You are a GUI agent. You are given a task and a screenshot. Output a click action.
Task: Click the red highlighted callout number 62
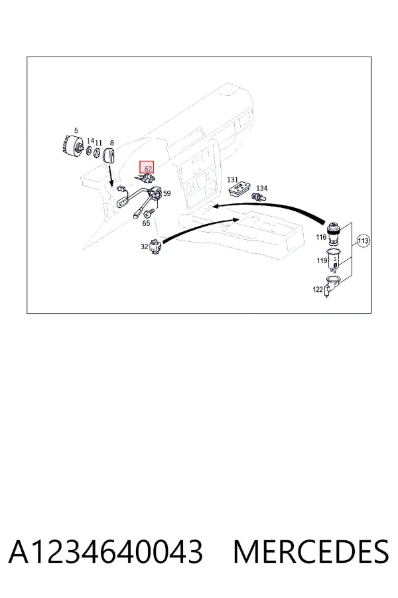(148, 168)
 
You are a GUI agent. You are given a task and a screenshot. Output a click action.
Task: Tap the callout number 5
(76, 131)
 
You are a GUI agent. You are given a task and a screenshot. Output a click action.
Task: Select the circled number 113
(363, 241)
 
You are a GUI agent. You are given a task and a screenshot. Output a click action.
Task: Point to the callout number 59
(166, 193)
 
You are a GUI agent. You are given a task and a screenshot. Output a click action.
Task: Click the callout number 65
(146, 223)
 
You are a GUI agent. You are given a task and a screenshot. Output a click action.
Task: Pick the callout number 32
(145, 247)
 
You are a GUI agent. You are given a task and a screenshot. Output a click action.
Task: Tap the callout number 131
(232, 179)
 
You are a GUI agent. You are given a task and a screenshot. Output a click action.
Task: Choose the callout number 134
(261, 188)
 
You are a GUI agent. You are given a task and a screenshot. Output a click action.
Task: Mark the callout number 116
(321, 237)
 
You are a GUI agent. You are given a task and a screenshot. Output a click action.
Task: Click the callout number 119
(322, 260)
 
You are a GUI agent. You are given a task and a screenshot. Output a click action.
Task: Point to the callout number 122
(318, 290)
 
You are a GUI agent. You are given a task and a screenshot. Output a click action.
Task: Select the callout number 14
(90, 141)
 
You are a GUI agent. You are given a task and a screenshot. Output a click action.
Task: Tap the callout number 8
(111, 143)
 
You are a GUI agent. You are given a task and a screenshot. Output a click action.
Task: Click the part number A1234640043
(105, 552)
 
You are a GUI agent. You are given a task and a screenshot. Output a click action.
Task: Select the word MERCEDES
(311, 552)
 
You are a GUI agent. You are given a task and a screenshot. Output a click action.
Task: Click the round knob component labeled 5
(73, 146)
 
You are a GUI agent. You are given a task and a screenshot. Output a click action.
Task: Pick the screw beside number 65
(151, 212)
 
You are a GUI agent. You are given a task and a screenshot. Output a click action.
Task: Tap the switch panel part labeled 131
(239, 189)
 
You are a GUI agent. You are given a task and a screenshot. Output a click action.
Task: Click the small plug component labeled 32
(157, 246)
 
